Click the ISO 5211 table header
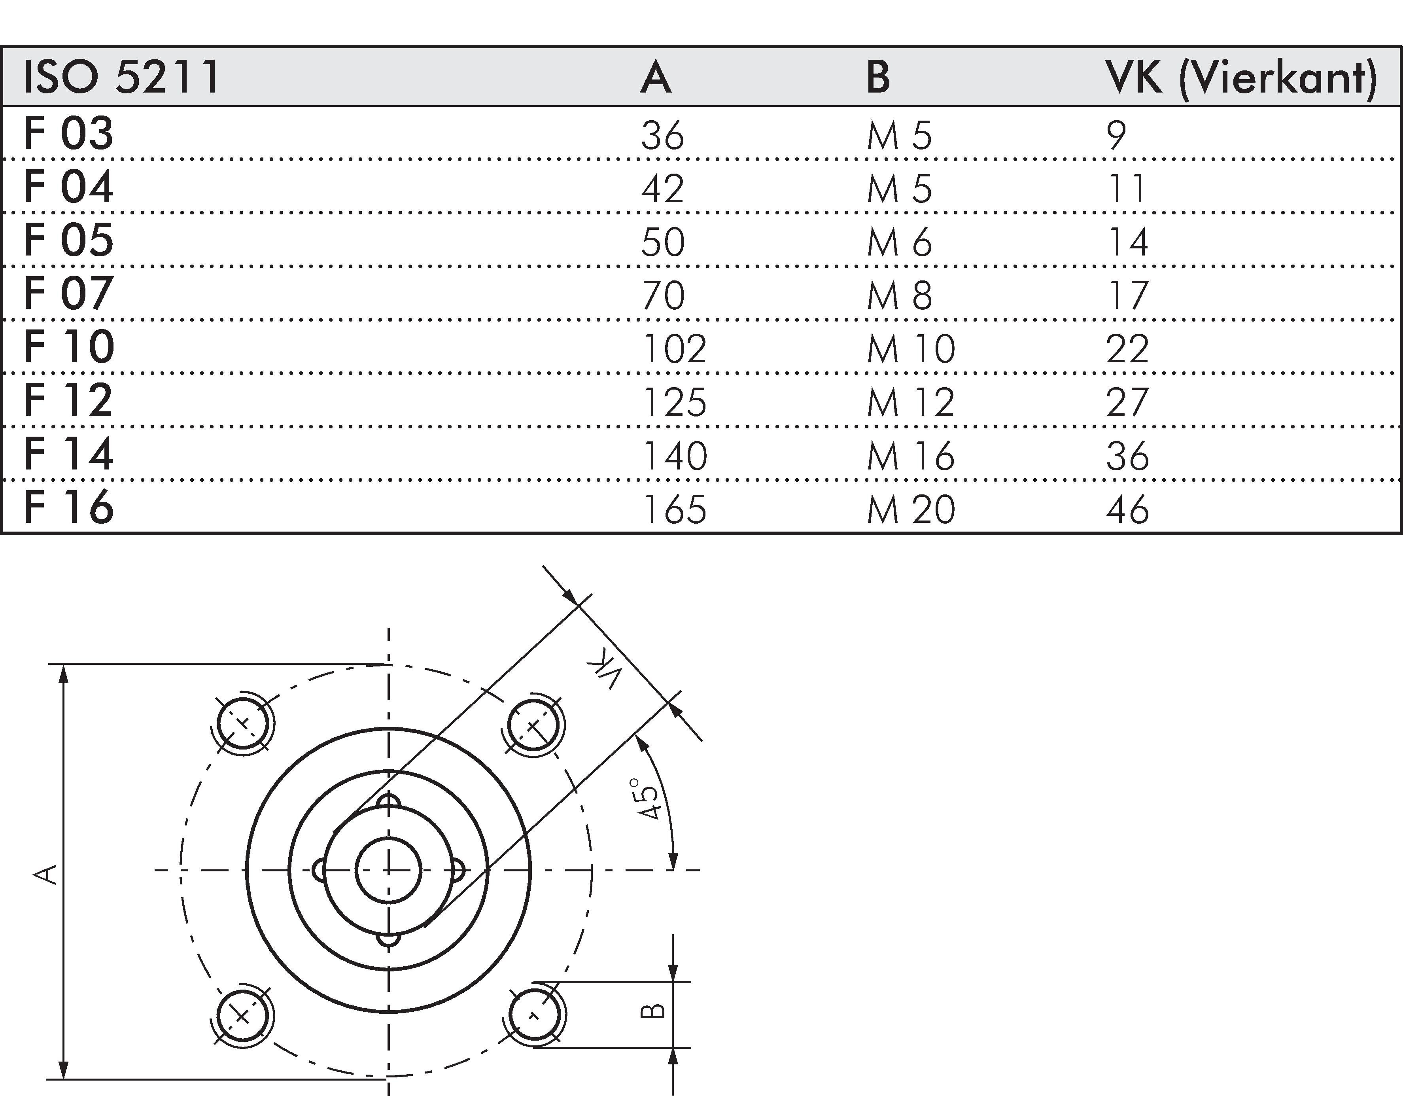coord(121,76)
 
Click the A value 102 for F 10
coord(674,349)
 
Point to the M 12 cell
coord(910,403)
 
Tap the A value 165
coord(674,509)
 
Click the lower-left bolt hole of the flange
coord(242,1016)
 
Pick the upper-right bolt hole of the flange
coord(533,726)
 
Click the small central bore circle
coord(388,871)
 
